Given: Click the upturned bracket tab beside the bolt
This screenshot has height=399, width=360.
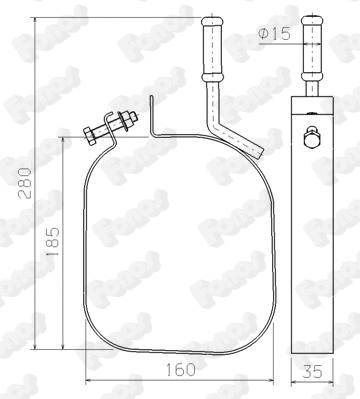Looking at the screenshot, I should point(149,114).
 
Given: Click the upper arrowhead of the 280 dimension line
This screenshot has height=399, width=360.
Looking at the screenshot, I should point(35,21).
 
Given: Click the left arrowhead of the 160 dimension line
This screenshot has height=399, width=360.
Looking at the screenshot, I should point(88,382).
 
